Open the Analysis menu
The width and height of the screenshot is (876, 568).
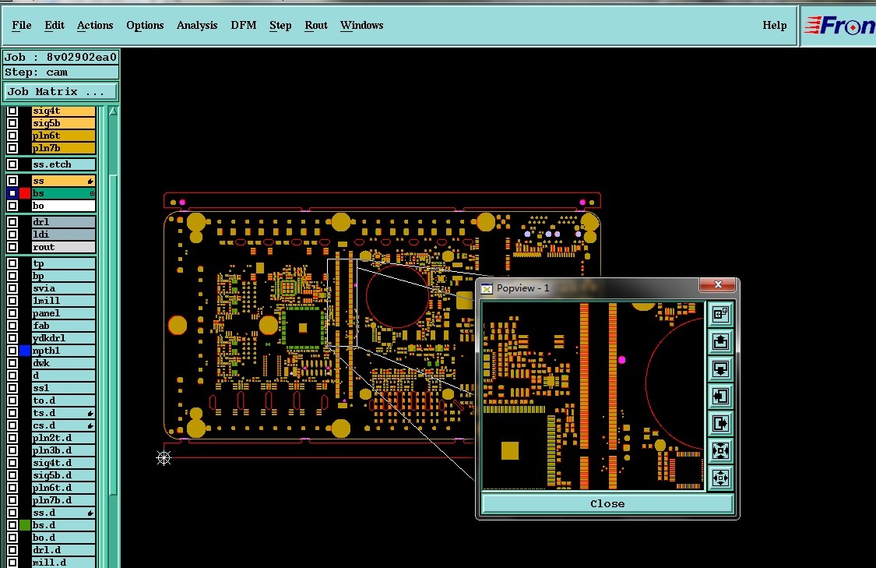(x=197, y=25)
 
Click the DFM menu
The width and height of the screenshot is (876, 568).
(x=244, y=25)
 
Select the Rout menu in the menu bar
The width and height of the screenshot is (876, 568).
(x=315, y=25)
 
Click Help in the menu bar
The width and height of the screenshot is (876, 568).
(x=774, y=25)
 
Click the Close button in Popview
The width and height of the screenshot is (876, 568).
(x=607, y=503)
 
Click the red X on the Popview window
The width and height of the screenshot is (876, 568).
(x=718, y=284)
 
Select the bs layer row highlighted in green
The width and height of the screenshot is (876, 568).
(x=63, y=193)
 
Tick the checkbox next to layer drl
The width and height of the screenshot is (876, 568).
(x=12, y=222)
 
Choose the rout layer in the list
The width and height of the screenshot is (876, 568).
(x=63, y=247)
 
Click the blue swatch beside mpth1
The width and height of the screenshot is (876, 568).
(x=25, y=351)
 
